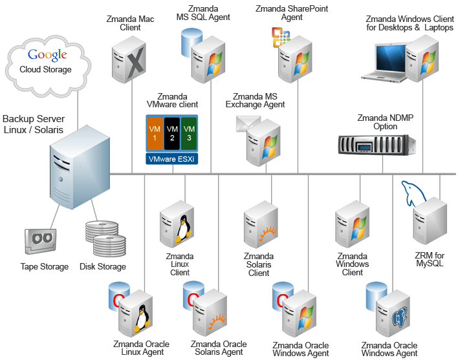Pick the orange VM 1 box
(x=155, y=133)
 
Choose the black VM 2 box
(x=171, y=133)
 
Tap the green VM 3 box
(x=188, y=133)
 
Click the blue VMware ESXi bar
(x=171, y=158)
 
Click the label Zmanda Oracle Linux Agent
(x=140, y=348)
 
